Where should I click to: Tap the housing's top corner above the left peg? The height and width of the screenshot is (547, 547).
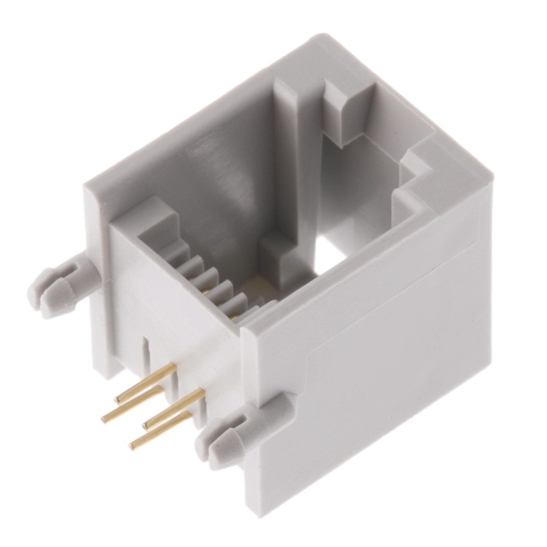click(x=89, y=185)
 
